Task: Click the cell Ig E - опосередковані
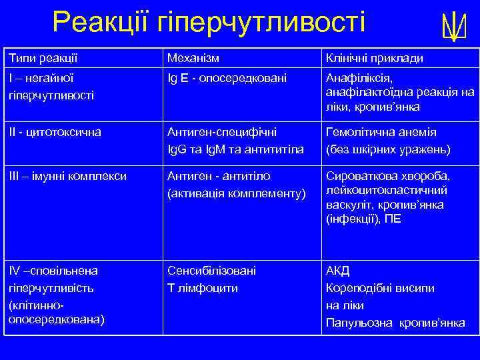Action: coord(227,79)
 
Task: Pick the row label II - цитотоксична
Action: coord(55,132)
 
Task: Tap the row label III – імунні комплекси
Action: coord(67,176)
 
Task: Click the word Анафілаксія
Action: coord(360,79)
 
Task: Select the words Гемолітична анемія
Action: coord(381,132)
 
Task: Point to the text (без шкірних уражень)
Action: coord(388,149)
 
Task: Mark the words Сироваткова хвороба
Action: coord(387,176)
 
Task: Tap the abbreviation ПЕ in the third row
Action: coord(392,218)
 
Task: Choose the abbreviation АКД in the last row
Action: coord(337,271)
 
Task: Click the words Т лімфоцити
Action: coord(201,288)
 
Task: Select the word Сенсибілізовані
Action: coord(211,271)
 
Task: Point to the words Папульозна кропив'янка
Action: coord(395,323)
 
